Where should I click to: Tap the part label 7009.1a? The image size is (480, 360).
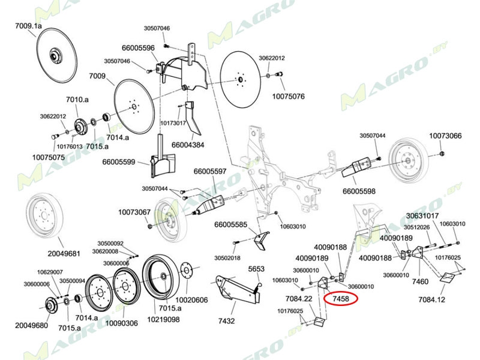tap(28, 26)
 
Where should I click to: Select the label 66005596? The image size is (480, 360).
tap(138, 47)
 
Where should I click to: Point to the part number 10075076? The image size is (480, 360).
tap(289, 96)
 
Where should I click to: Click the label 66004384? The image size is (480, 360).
tap(188, 145)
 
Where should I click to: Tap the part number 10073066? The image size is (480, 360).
tap(445, 136)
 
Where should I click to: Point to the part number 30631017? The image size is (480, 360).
tap(422, 216)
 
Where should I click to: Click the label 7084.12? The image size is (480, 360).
tap(431, 299)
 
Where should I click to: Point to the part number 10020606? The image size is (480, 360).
tap(191, 299)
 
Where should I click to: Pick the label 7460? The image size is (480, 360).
tap(421, 281)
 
